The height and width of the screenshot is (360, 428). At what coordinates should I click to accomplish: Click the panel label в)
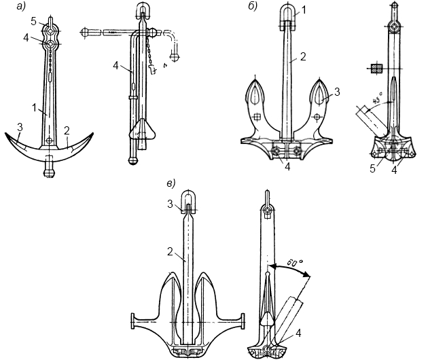click(172, 183)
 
